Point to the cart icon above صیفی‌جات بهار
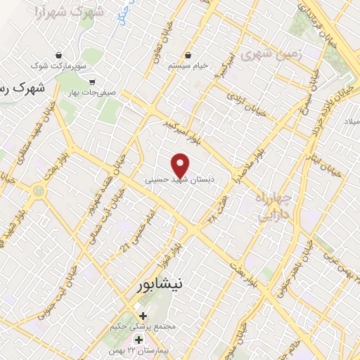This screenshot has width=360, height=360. (x=92, y=82)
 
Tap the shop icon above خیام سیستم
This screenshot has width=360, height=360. (x=188, y=55)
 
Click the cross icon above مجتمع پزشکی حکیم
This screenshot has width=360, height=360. (x=143, y=316)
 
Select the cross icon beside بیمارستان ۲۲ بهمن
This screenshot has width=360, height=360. (x=139, y=340)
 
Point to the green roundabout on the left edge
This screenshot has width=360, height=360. (x=38, y=191)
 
